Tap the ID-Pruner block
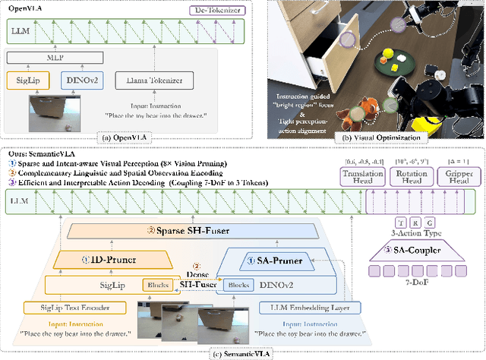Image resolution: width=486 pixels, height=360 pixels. pos(113,260)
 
